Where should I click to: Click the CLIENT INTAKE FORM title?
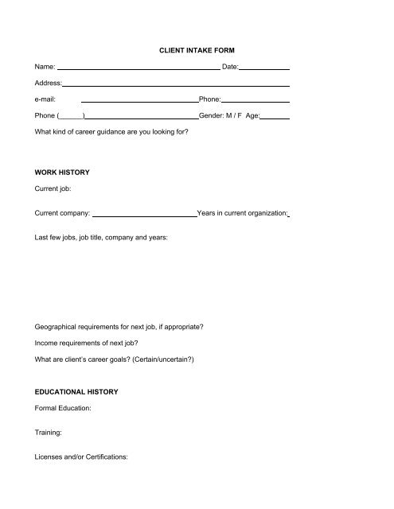click(x=197, y=50)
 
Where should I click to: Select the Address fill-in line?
click(x=176, y=85)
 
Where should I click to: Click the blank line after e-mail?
click(x=139, y=101)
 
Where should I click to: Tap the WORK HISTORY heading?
click(x=62, y=173)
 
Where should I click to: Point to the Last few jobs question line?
click(x=101, y=238)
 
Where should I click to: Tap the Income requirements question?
click(x=87, y=343)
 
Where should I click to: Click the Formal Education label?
click(x=64, y=409)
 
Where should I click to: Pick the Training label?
click(x=49, y=434)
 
